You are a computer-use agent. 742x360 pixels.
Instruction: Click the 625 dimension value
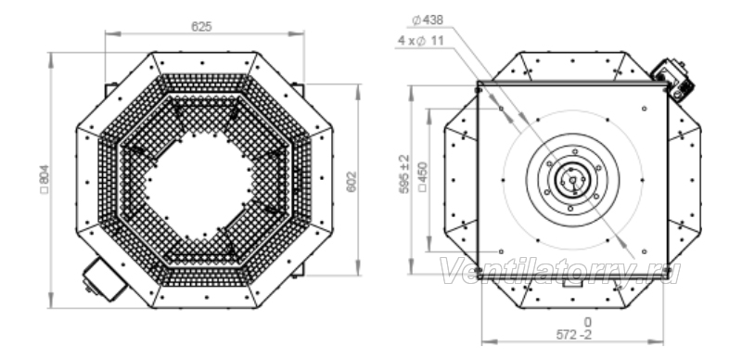click(201, 27)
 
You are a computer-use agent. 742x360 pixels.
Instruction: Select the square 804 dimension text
click(45, 179)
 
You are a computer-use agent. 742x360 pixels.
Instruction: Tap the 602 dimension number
click(352, 182)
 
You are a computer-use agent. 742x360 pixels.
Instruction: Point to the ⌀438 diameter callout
click(428, 19)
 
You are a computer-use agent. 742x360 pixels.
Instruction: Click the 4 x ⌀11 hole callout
click(421, 41)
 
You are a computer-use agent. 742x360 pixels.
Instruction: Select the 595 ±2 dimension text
click(404, 174)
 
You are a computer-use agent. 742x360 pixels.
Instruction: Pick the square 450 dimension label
click(423, 177)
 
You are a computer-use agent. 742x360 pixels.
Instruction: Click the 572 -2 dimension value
click(573, 335)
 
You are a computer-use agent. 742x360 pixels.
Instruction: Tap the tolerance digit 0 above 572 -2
click(587, 323)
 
